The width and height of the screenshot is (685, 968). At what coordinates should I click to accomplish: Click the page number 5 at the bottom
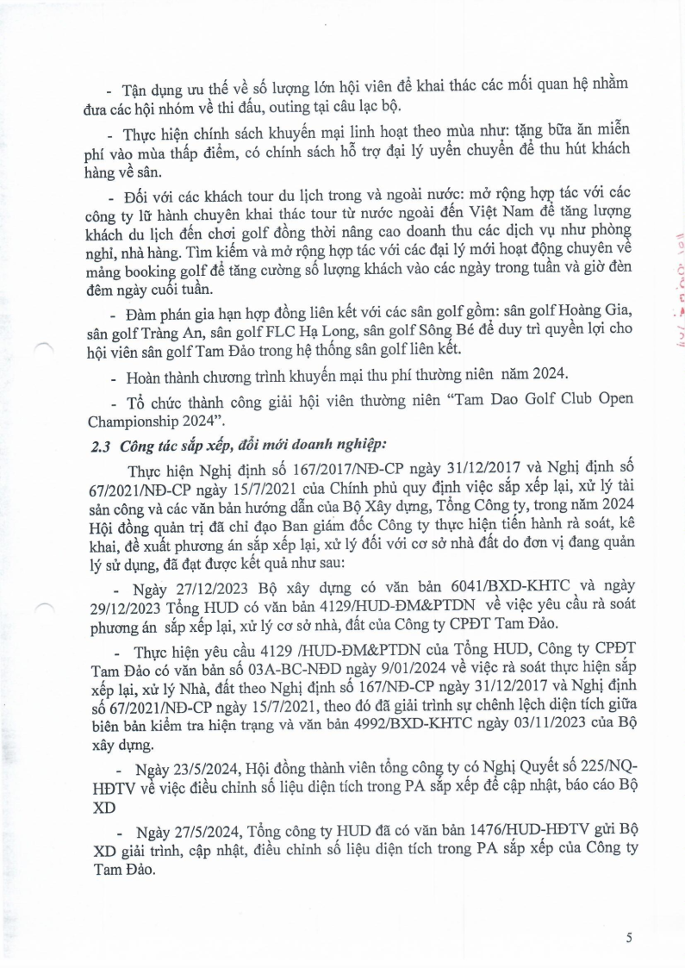(x=630, y=937)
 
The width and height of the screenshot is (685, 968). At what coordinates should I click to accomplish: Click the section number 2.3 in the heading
(x=102, y=445)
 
